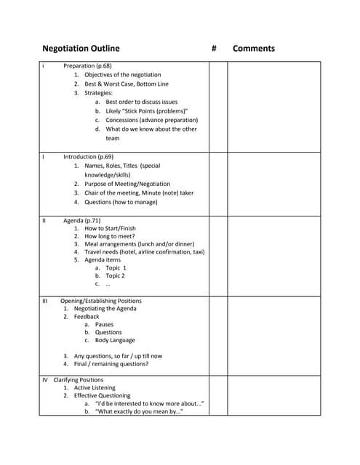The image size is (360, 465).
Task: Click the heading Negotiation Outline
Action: (81, 49)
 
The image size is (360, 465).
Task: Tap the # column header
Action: (215, 49)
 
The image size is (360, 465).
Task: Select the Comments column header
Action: (254, 49)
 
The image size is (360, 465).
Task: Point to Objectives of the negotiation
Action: (122, 75)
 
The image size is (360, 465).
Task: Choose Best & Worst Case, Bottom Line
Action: (126, 84)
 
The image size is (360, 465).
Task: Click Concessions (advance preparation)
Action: (151, 120)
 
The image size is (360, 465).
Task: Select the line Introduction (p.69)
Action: (88, 157)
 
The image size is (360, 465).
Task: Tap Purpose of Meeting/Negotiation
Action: (127, 185)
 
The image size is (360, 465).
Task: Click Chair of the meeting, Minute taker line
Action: (139, 193)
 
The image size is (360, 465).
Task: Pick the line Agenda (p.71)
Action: (81, 220)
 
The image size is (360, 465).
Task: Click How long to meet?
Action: (109, 237)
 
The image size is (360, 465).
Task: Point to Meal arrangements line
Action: (140, 245)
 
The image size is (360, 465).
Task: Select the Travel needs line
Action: (144, 252)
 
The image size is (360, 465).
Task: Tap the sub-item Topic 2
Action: (115, 276)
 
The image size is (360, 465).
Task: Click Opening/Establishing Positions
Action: (100, 301)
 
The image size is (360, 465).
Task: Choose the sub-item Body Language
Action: (115, 340)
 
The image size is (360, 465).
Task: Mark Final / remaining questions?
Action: (116, 364)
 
